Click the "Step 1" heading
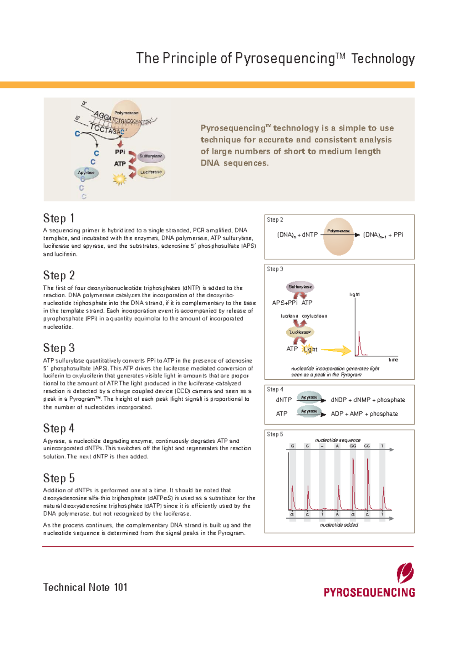[59, 218]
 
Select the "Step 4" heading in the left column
[59, 428]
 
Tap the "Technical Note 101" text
[85, 587]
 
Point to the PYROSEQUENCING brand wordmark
[369, 592]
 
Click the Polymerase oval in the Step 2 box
[339, 236]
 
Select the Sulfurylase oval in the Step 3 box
[300, 287]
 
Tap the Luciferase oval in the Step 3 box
[300, 332]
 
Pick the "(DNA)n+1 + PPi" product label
[383, 235]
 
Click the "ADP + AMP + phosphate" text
[364, 414]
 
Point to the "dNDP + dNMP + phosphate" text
[368, 400]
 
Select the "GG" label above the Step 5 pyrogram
[353, 446]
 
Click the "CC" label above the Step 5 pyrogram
[367, 446]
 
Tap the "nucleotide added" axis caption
[339, 525]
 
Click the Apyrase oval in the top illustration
[86, 172]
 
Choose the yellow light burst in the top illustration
[119, 179]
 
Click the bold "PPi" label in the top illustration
[120, 152]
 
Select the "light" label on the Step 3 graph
[355, 294]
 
